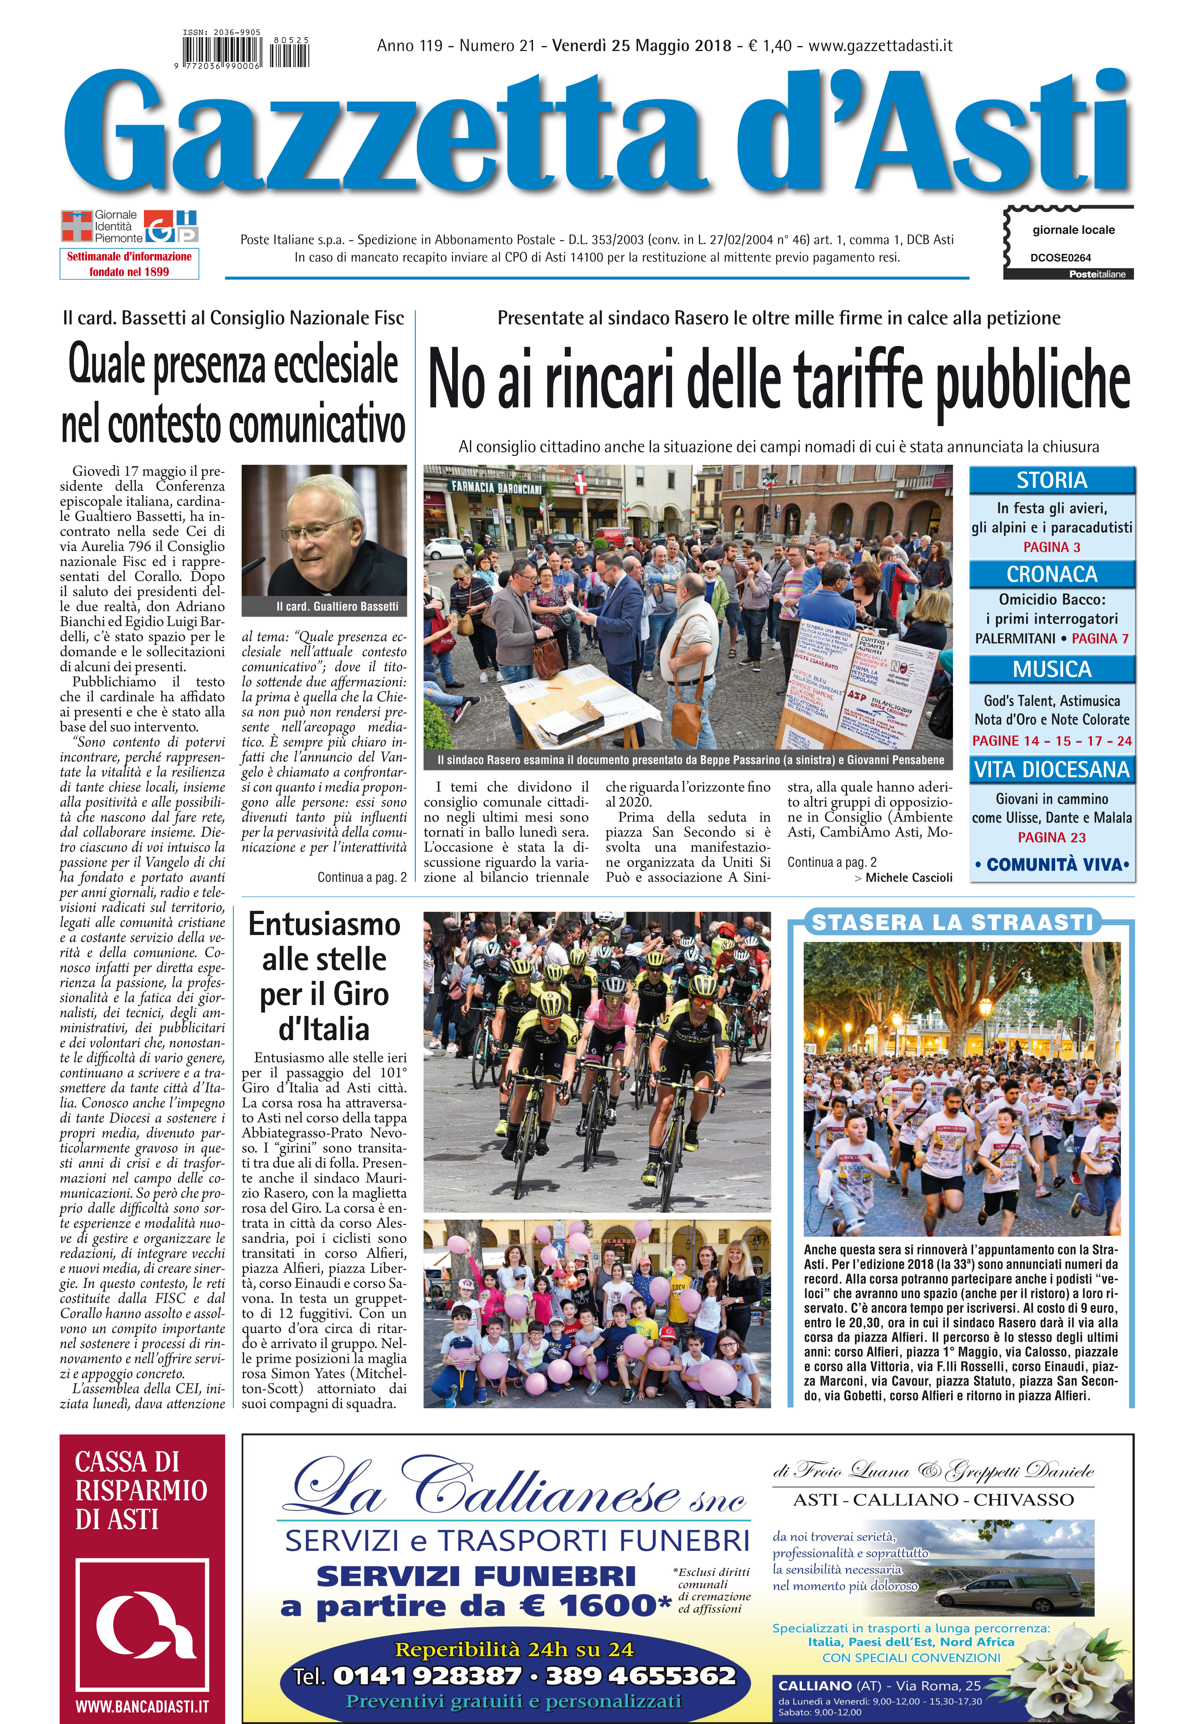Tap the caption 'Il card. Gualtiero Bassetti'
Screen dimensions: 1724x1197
pyautogui.click(x=337, y=606)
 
